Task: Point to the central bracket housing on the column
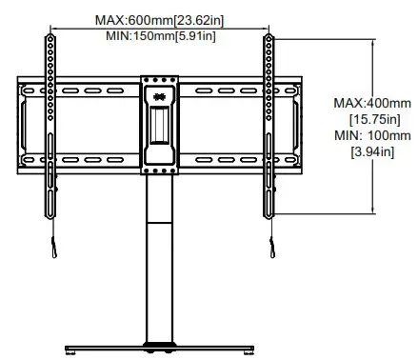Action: click(x=159, y=124)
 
